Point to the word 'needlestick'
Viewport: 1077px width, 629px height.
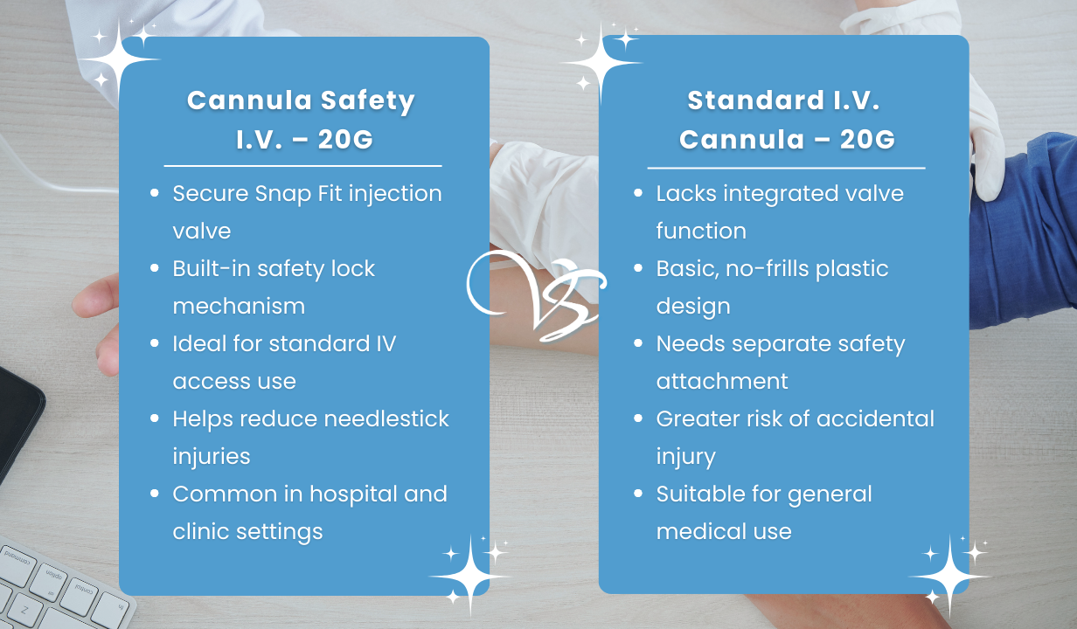[386, 418]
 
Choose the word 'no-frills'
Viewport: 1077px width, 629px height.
[767, 268]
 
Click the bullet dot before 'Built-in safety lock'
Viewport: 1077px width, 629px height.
[155, 269]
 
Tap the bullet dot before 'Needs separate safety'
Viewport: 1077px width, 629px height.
[638, 344]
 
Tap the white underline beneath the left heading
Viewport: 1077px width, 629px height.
[302, 165]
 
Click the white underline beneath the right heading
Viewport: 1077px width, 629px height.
[786, 168]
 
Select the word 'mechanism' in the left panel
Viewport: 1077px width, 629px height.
[239, 306]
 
